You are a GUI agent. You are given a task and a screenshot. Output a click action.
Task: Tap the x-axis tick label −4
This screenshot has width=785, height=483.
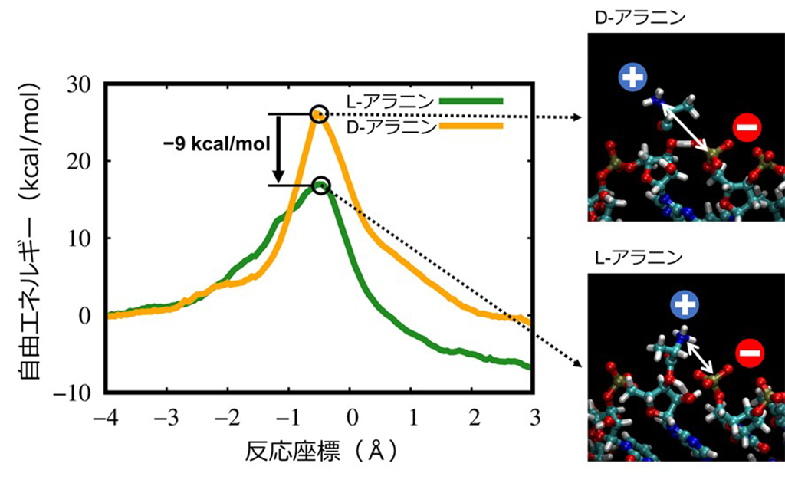(107, 418)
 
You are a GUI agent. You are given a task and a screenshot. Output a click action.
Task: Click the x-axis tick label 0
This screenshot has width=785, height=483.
(350, 418)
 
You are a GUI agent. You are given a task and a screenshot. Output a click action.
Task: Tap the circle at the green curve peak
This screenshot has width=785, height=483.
(322, 185)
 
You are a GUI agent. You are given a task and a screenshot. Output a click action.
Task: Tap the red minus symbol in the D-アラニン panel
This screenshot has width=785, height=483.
(746, 127)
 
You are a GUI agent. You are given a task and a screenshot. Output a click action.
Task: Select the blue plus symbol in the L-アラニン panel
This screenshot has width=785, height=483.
(682, 304)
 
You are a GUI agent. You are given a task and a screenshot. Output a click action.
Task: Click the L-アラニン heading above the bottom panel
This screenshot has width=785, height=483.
(624, 258)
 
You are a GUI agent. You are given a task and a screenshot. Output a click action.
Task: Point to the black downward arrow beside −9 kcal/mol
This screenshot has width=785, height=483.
(278, 149)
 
